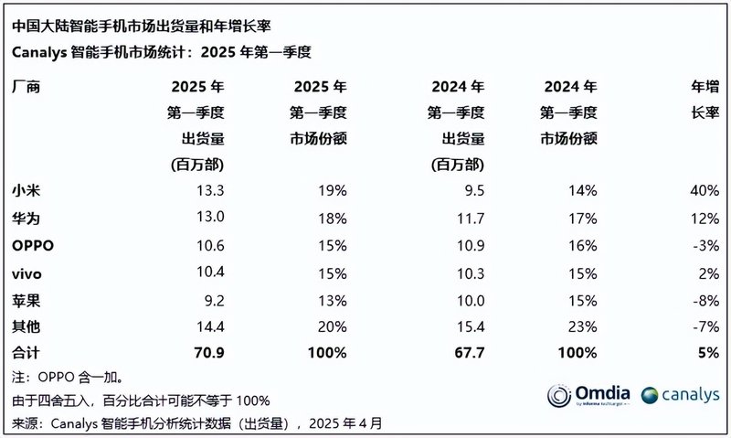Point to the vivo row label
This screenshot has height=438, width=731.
[27, 272]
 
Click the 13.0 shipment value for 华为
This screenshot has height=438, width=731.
[207, 219]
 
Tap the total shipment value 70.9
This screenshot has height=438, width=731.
[206, 352]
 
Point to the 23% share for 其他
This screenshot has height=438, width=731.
[581, 326]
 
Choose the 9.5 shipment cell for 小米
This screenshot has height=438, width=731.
[471, 191]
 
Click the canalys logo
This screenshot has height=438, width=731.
[680, 395]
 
